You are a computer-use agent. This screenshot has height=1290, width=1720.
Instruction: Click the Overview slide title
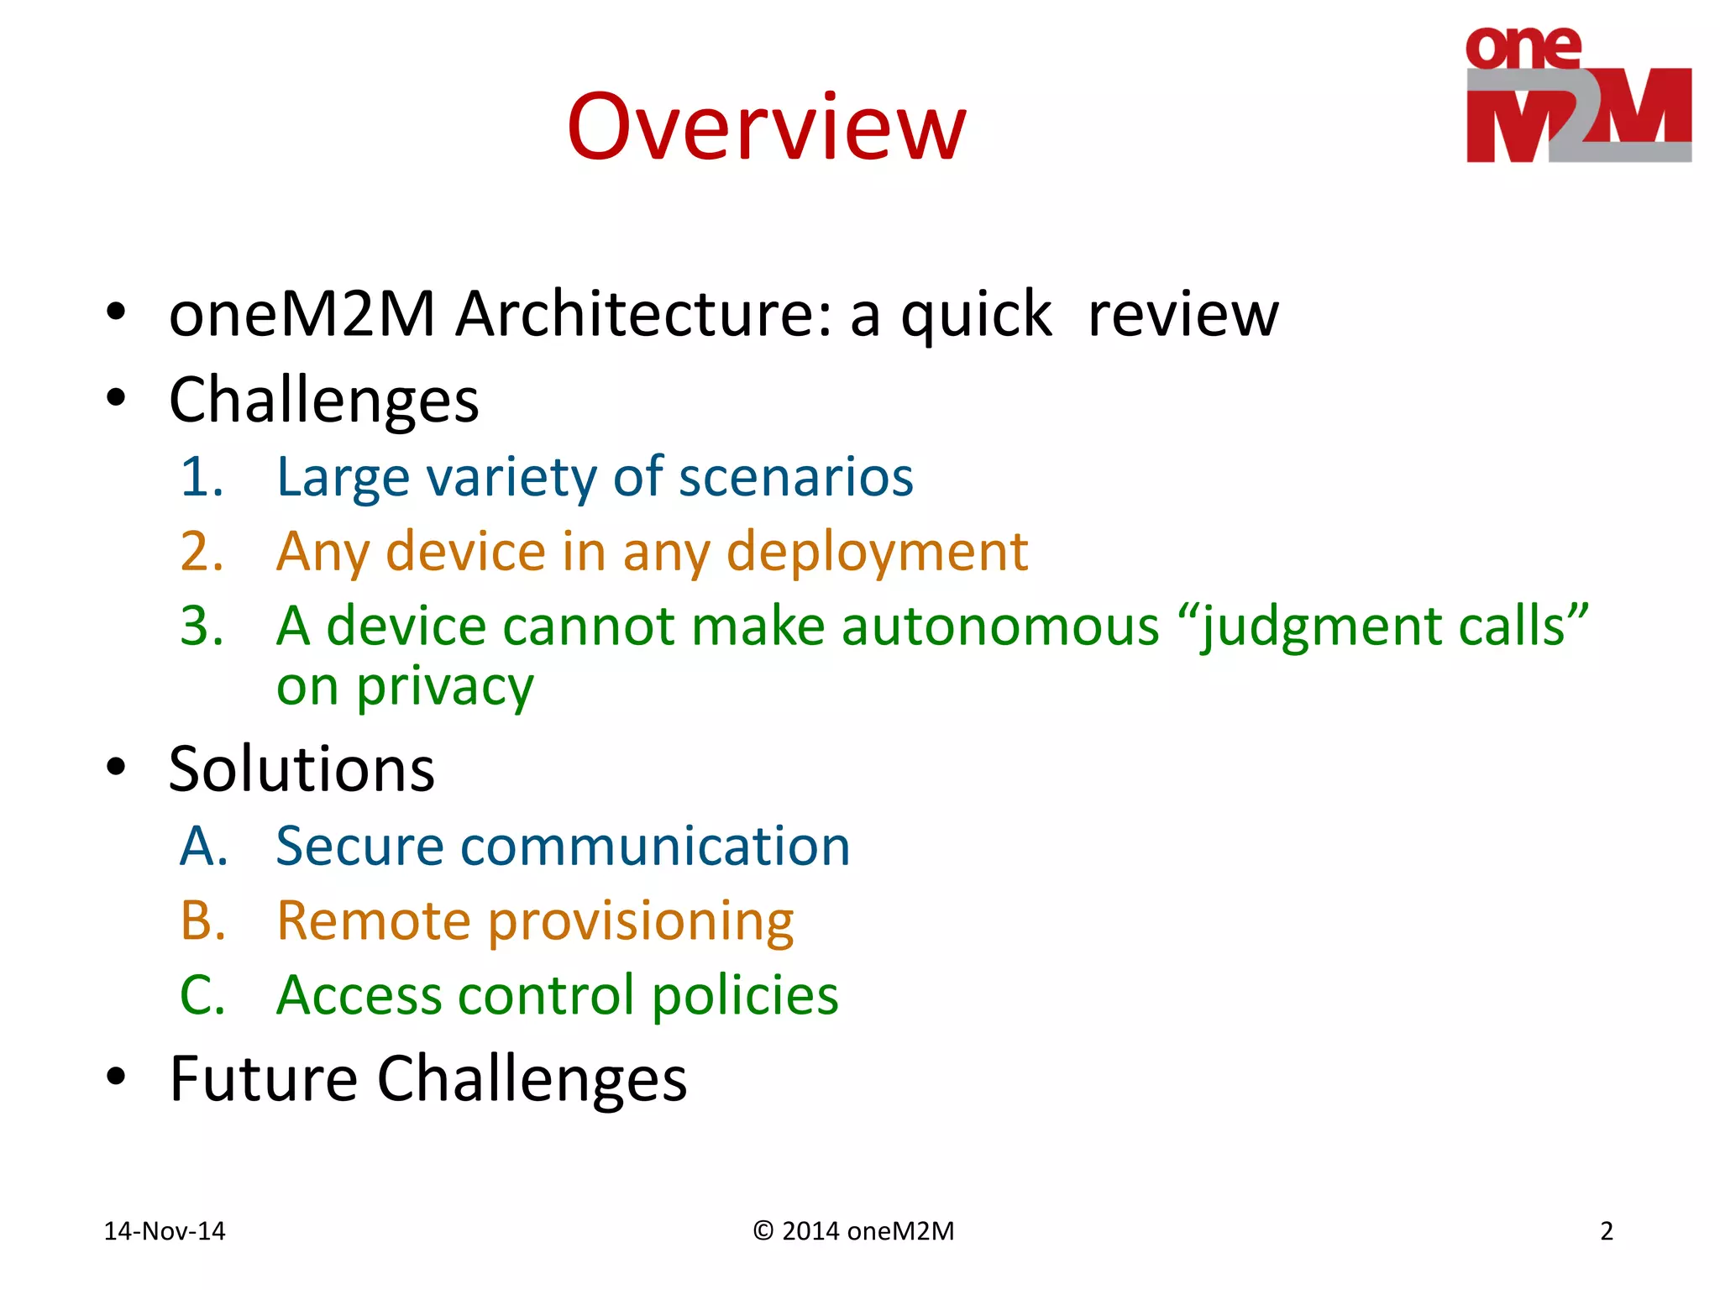766,128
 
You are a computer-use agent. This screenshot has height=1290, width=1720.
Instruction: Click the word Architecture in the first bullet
642,314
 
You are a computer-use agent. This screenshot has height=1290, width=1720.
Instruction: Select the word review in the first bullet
1182,314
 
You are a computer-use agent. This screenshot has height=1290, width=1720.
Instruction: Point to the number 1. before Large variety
202,477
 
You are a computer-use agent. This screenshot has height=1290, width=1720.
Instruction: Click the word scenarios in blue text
795,477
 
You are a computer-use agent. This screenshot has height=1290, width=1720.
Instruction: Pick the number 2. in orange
202,552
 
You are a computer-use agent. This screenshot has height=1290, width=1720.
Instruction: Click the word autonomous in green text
999,627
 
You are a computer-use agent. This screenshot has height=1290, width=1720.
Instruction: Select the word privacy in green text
445,687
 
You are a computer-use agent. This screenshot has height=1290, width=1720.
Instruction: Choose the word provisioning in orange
640,921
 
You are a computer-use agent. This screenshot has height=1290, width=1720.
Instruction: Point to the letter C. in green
202,996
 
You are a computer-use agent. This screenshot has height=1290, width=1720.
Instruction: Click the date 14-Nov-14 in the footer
165,1231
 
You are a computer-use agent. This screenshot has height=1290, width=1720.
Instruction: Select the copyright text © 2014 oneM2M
853,1231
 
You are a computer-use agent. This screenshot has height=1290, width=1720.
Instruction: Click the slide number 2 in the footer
1606,1231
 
